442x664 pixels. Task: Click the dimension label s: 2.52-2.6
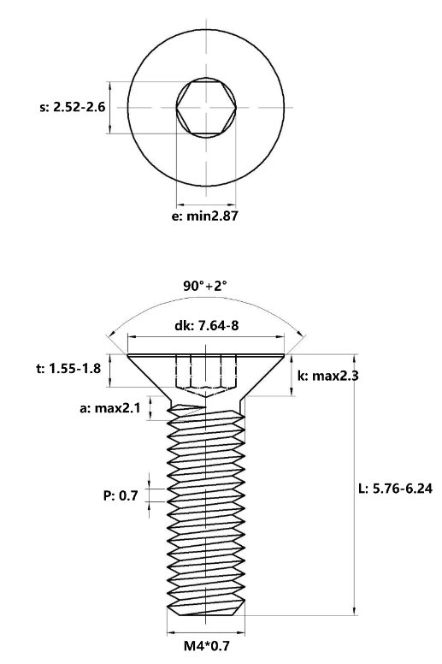click(73, 107)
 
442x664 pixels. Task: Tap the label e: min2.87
click(204, 216)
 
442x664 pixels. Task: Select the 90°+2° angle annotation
click(205, 287)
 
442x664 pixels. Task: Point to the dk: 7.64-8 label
click(206, 325)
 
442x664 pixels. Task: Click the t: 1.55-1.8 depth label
click(68, 369)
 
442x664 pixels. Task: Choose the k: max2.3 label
click(327, 375)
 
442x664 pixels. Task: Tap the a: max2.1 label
click(109, 408)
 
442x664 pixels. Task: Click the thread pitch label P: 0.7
click(121, 495)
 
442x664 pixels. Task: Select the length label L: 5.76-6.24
click(396, 489)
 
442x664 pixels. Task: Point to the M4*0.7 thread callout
click(206, 646)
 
